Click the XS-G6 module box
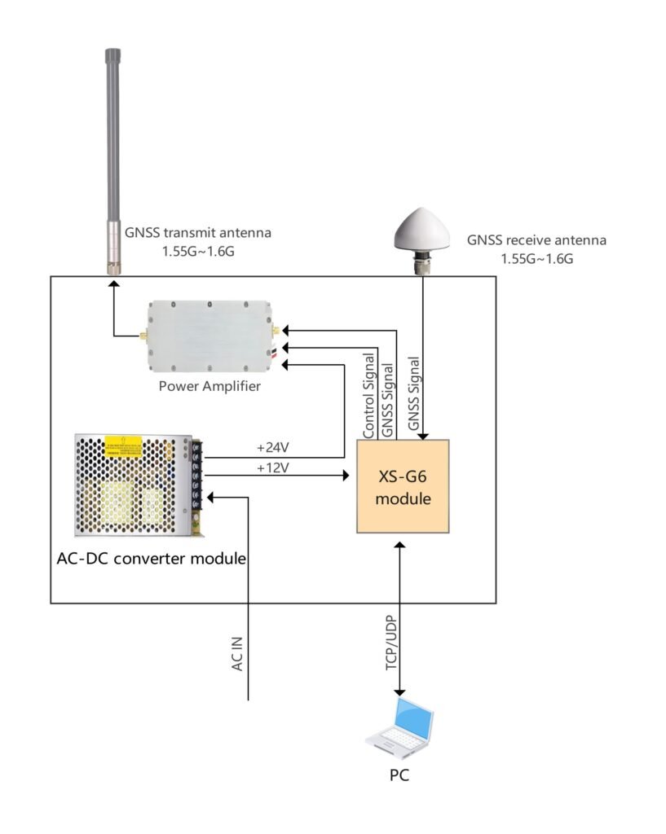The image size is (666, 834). click(403, 486)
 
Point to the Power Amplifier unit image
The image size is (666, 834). click(210, 334)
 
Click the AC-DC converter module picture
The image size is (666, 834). click(137, 485)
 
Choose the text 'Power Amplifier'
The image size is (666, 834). click(210, 386)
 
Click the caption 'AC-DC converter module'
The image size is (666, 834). click(152, 559)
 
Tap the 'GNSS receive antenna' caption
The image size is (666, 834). click(536, 241)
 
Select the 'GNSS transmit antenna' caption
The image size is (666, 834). click(198, 233)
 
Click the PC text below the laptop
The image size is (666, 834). click(399, 775)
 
